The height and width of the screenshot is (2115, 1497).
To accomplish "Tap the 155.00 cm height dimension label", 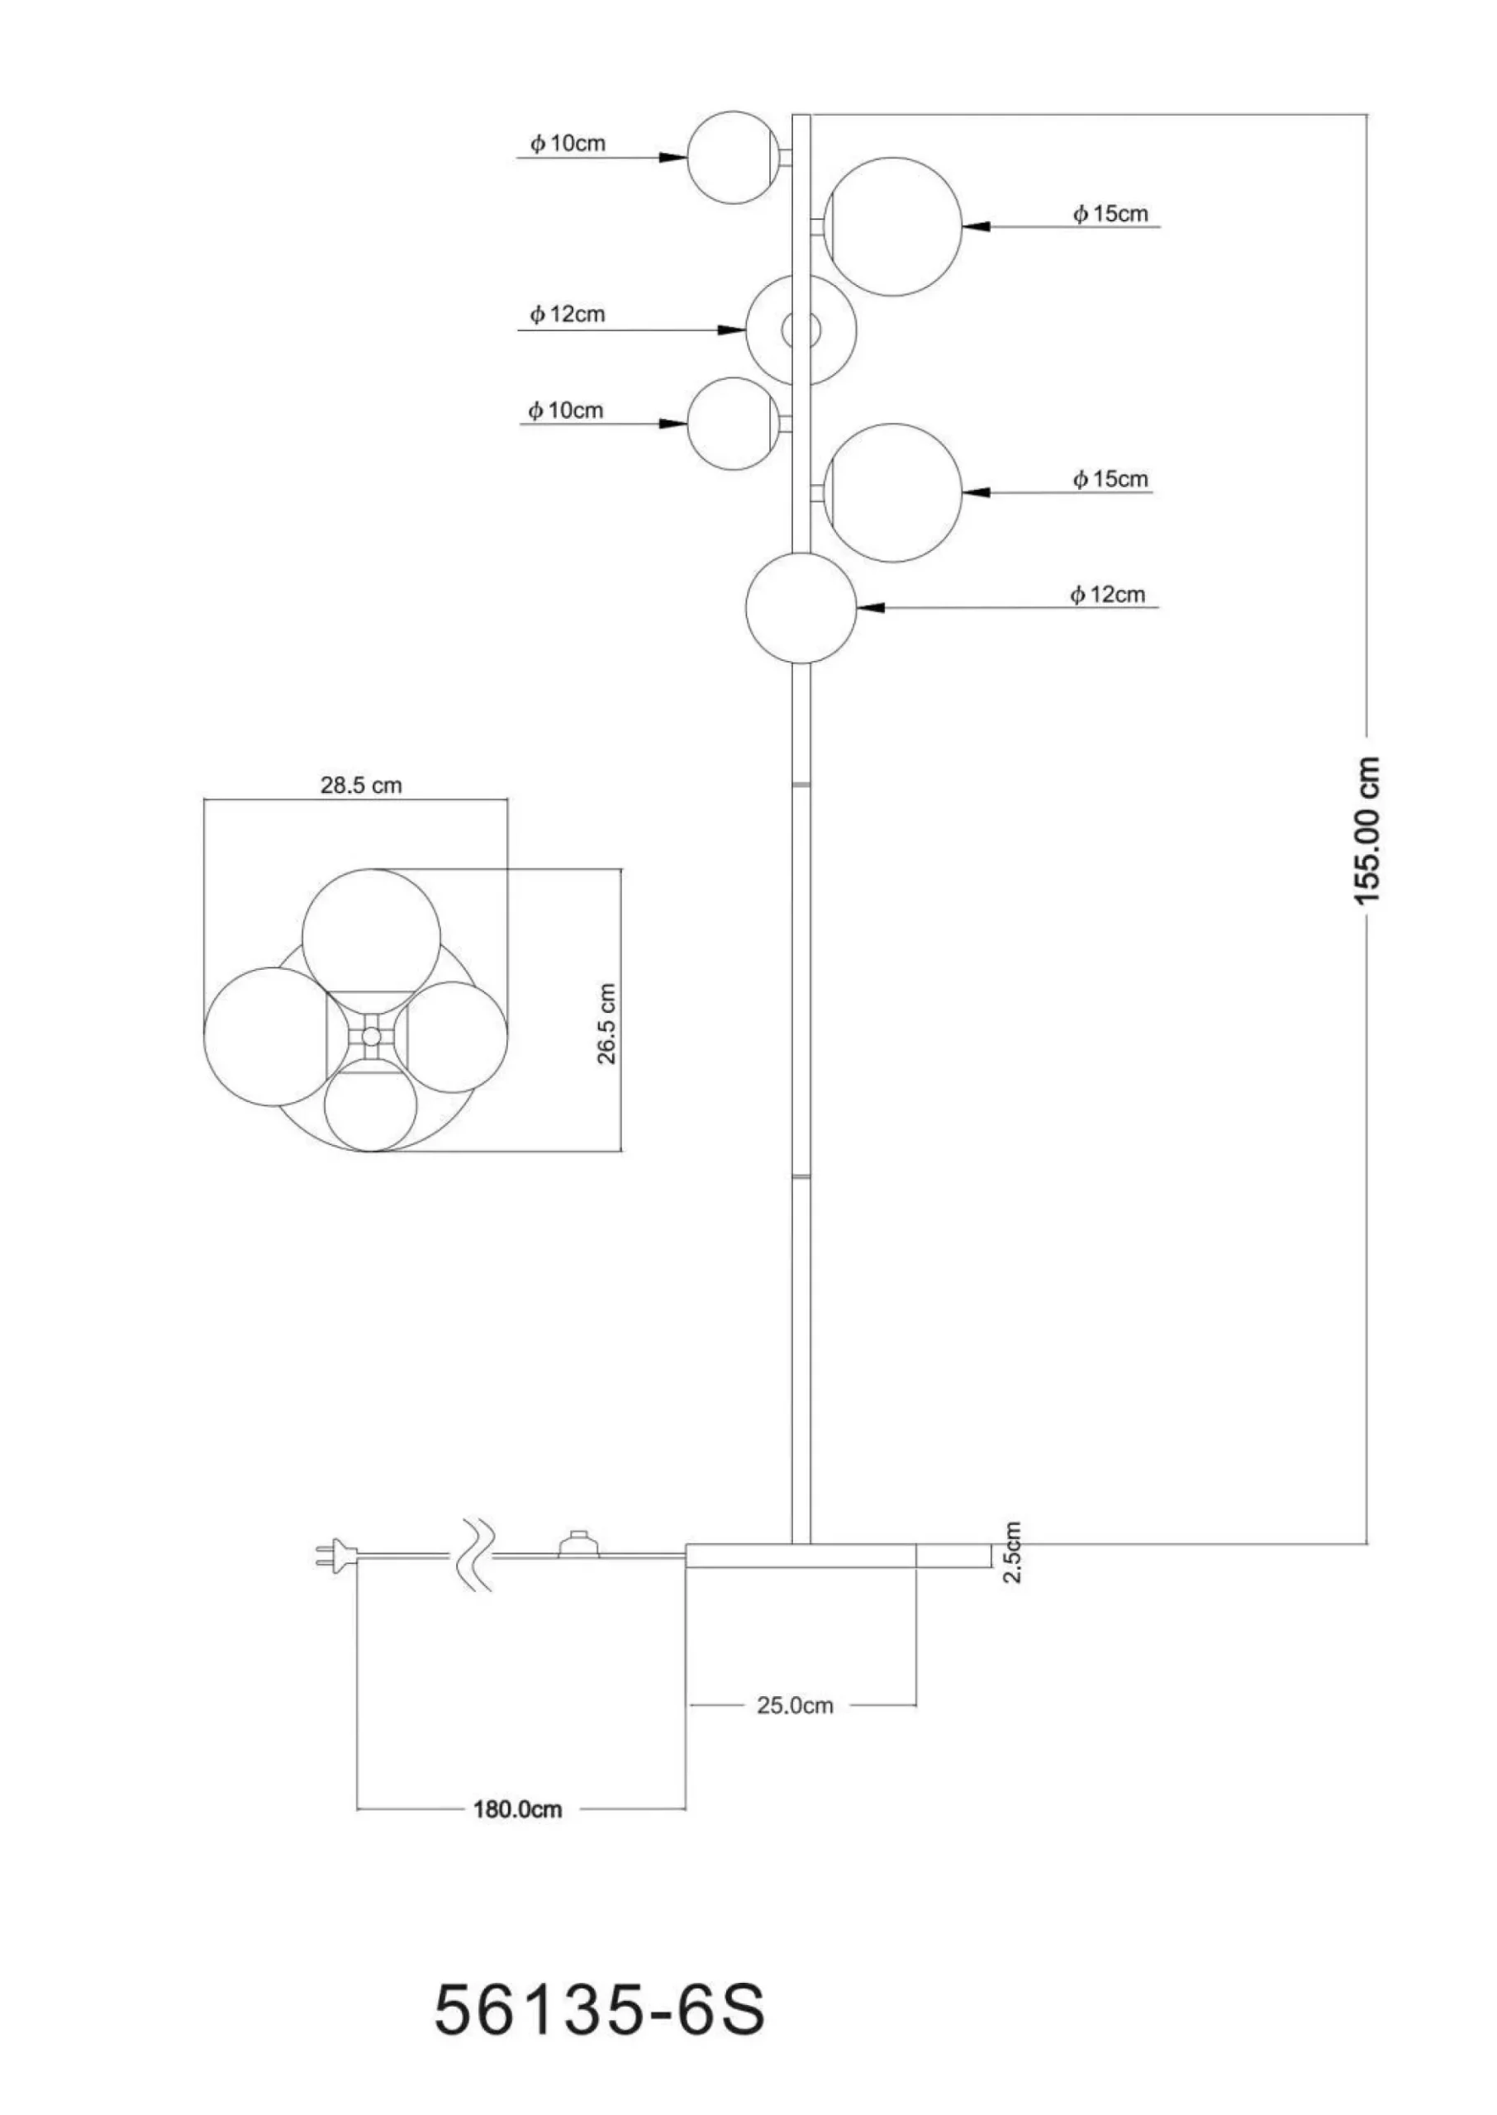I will [x=1368, y=829].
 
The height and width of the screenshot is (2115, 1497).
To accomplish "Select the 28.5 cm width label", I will [x=361, y=785].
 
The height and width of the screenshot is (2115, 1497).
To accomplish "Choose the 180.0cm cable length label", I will [x=517, y=1808].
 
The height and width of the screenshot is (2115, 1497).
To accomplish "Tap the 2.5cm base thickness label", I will [x=1012, y=1552].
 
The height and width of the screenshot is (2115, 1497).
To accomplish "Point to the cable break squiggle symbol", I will [x=475, y=1556].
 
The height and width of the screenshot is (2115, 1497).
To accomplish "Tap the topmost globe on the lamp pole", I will [x=732, y=158].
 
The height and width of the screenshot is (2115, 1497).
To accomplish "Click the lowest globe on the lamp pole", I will [x=801, y=607].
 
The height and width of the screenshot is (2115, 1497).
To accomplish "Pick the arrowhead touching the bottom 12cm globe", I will [x=871, y=607].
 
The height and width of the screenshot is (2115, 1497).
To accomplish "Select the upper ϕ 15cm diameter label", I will [x=1110, y=214].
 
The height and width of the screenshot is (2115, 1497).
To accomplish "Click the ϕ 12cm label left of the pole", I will [x=567, y=314].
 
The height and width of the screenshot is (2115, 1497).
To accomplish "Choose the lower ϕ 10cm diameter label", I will [x=566, y=410].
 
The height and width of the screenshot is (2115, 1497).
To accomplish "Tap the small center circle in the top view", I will [x=371, y=1037].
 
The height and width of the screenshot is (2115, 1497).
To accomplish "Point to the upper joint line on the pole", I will [x=801, y=784].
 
